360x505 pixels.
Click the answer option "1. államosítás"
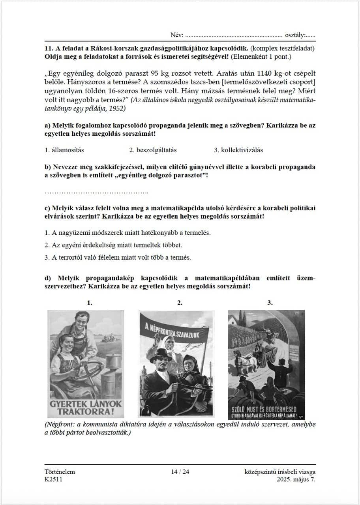[x=64, y=150]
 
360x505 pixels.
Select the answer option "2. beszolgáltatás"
[x=153, y=150]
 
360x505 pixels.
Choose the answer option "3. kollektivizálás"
[x=238, y=150]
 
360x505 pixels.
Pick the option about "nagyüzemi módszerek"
[x=127, y=232]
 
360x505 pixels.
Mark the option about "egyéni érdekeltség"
[x=113, y=245]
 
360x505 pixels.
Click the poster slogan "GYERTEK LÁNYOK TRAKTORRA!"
[x=86, y=408]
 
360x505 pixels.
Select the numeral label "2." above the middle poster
[x=180, y=303]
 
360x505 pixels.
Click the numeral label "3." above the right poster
[x=270, y=303]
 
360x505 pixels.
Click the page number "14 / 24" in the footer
[x=180, y=472]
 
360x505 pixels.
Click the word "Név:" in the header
[x=177, y=35]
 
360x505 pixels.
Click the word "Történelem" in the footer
[x=60, y=472]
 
